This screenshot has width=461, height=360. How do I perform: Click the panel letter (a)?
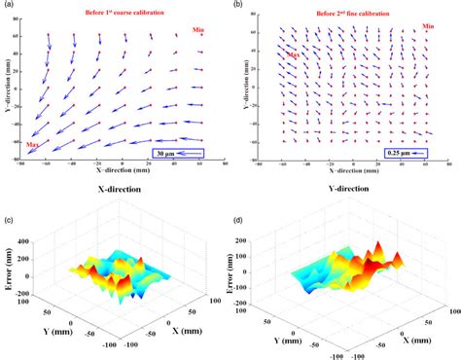tap(9, 6)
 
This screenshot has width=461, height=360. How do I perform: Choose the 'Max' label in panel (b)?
tap(291, 54)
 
